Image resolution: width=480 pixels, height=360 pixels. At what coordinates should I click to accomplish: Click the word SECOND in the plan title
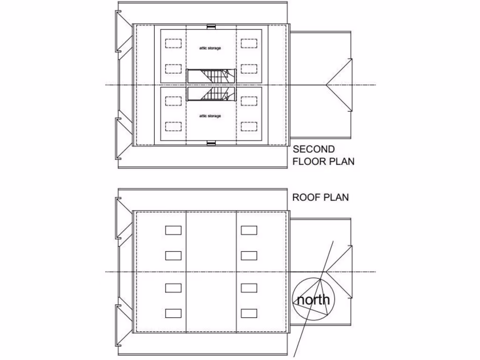pyautogui.click(x=314, y=150)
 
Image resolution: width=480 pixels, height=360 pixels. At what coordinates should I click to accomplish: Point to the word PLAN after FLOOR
pyautogui.click(x=342, y=162)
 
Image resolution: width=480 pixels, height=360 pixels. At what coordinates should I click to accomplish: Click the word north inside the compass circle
pyautogui.click(x=313, y=300)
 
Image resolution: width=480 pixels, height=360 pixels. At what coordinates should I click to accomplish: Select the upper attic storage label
pyautogui.click(x=210, y=48)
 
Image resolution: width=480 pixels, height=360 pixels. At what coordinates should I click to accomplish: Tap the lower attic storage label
pyautogui.click(x=210, y=116)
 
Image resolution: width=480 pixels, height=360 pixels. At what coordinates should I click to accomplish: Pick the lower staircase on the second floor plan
pyautogui.click(x=210, y=94)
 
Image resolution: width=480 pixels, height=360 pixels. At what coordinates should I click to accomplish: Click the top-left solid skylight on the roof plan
pyautogui.click(x=173, y=230)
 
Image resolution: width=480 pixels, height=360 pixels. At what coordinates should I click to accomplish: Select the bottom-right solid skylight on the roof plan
pyautogui.click(x=249, y=313)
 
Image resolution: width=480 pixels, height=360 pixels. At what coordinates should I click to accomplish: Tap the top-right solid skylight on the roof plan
pyautogui.click(x=249, y=230)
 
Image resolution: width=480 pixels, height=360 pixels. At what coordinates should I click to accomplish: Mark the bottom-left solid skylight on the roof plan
pyautogui.click(x=173, y=313)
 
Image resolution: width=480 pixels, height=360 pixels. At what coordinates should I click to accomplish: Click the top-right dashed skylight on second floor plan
pyautogui.click(x=249, y=44)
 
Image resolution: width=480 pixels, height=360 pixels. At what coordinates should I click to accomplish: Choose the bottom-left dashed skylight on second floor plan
pyautogui.click(x=173, y=127)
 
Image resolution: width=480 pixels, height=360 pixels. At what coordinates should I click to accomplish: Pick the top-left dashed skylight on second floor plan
pyautogui.click(x=173, y=44)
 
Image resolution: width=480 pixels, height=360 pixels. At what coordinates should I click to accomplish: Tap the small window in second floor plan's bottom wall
pyautogui.click(x=211, y=143)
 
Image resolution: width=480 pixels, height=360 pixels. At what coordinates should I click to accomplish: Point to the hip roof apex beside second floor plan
pyautogui.click(x=326, y=85)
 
